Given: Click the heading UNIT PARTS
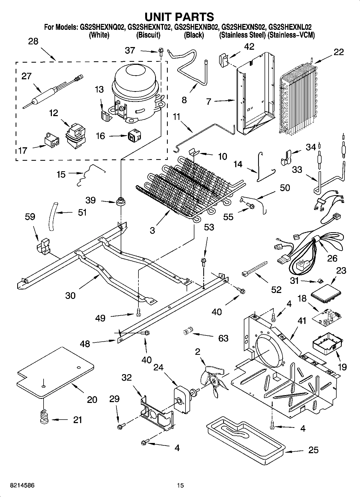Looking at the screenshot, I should pyautogui.click(x=179, y=17).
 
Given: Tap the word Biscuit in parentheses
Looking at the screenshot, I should pyautogui.click(x=148, y=35).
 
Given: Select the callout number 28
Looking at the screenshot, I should pyautogui.click(x=33, y=41).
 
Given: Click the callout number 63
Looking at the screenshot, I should pyautogui.click(x=223, y=338).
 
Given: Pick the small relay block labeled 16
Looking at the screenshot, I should pyautogui.click(x=134, y=136).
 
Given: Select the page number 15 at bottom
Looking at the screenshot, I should pyautogui.click(x=180, y=485).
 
